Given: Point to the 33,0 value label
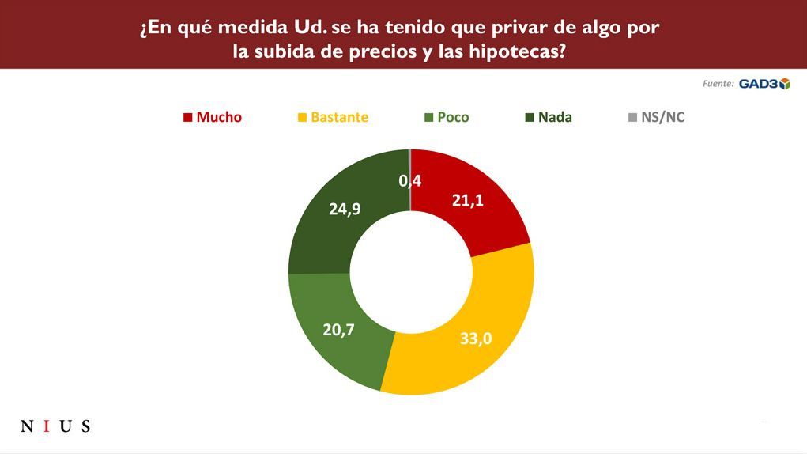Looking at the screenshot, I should pyautogui.click(x=476, y=339).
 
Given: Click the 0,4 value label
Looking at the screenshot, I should pyautogui.click(x=409, y=181).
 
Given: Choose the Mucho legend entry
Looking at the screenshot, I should pyautogui.click(x=213, y=117).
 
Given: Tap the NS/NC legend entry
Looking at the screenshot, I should pyautogui.click(x=656, y=117).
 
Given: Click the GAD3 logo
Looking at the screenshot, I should pyautogui.click(x=764, y=84).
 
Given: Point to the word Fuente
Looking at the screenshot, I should pyautogui.click(x=718, y=84).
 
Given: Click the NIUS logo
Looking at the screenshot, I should pyautogui.click(x=55, y=427).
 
